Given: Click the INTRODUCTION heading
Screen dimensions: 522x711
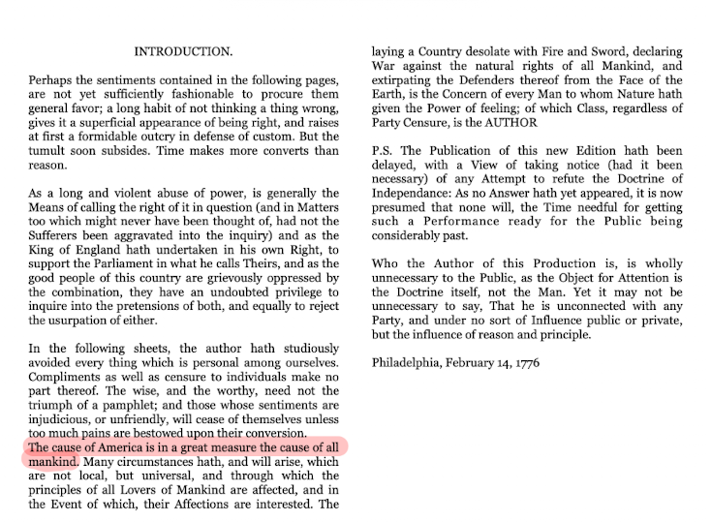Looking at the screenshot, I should (x=183, y=50).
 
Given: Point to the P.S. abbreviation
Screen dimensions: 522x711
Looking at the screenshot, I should (x=385, y=151).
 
